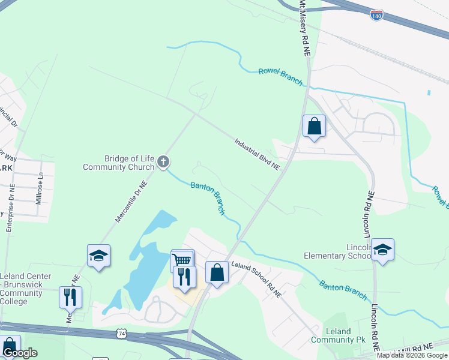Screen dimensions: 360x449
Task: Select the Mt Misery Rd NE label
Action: click(304, 29)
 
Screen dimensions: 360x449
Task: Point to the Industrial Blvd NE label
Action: click(258, 154)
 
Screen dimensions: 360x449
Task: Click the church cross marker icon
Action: click(163, 162)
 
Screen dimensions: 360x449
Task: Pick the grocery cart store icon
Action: click(182, 260)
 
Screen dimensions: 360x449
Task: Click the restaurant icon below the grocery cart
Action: click(184, 276)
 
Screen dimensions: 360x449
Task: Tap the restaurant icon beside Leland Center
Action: click(70, 296)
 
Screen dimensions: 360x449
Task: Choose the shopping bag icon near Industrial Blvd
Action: click(314, 126)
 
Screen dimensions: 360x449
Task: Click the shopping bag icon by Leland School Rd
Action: click(217, 272)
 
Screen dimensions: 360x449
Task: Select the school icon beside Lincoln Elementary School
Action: click(382, 249)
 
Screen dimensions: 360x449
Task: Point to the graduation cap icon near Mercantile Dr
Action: click(98, 256)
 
